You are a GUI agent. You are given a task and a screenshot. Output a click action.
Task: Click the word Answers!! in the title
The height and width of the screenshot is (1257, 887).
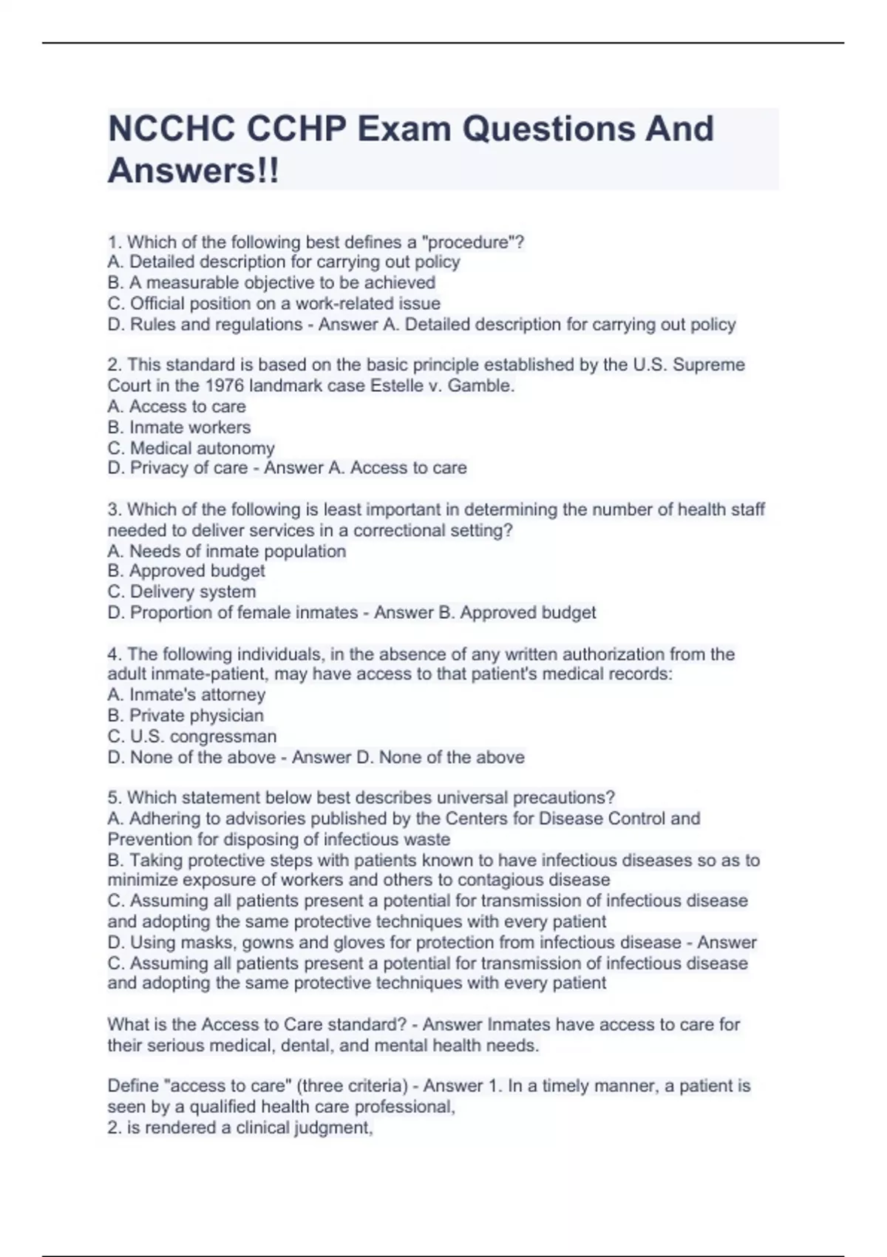pyautogui.click(x=194, y=172)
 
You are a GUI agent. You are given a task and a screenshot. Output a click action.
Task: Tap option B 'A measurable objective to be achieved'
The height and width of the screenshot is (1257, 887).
pyautogui.click(x=271, y=282)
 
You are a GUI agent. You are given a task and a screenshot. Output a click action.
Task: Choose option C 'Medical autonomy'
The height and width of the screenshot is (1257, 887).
pyautogui.click(x=191, y=448)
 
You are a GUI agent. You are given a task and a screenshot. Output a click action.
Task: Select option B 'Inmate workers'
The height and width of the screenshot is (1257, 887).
pyautogui.click(x=179, y=427)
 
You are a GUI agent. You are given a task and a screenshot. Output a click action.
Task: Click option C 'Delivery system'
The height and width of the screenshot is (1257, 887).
pyautogui.click(x=182, y=592)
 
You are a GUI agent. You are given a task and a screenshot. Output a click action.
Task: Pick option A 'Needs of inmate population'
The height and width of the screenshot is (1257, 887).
pyautogui.click(x=226, y=551)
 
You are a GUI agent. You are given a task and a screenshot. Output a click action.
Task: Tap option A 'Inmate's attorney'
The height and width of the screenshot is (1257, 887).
pyautogui.click(x=186, y=694)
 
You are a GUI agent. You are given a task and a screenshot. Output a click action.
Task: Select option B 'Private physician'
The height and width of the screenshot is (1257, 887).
pyautogui.click(x=186, y=715)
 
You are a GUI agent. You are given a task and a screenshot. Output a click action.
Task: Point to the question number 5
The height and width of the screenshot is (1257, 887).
pyautogui.click(x=114, y=798)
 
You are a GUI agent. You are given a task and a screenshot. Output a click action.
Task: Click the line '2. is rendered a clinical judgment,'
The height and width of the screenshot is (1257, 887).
pyautogui.click(x=239, y=1128)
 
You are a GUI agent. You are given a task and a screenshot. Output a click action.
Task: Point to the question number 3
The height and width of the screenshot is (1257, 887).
pyautogui.click(x=114, y=509)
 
